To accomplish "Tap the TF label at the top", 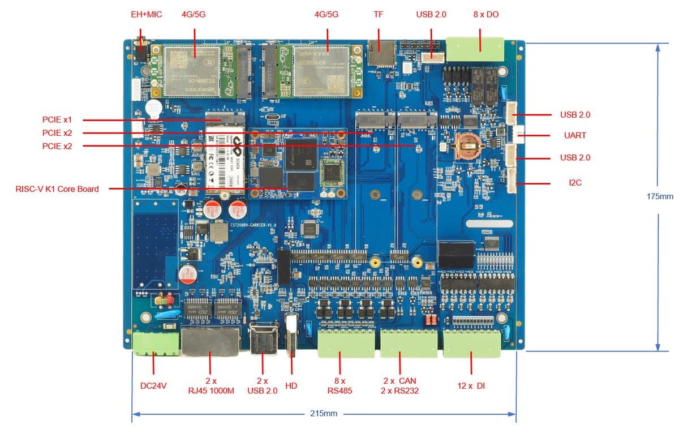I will [379, 14].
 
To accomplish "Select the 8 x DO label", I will [486, 14].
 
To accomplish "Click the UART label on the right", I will [574, 136].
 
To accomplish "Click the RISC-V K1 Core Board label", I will [57, 189].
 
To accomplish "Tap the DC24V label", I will [153, 386].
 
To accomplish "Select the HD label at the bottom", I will [291, 386].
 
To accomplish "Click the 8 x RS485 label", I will [340, 385].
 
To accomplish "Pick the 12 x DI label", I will [471, 386].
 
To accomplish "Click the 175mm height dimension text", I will [660, 196].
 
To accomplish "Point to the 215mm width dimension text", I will [324, 413].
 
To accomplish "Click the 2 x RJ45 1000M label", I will [210, 385].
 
